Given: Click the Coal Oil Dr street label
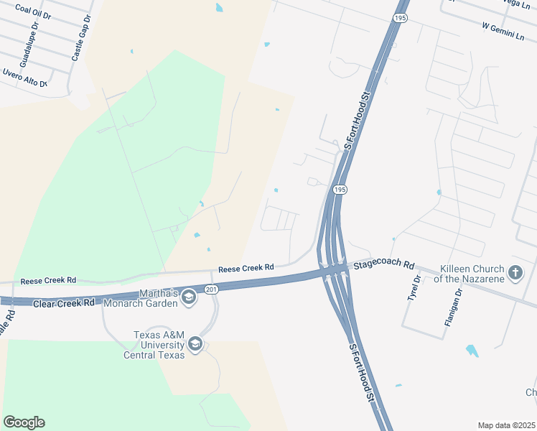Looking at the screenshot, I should pyautogui.click(x=33, y=11).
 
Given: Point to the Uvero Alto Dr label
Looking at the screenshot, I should pyautogui.click(x=24, y=79).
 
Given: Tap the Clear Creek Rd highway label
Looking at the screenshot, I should pyautogui.click(x=64, y=303).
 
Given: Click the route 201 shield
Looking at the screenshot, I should pyautogui.click(x=210, y=289).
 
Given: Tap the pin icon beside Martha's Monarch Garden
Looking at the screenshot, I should pyautogui.click(x=189, y=297).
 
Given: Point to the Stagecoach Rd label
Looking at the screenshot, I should pyautogui.click(x=385, y=264).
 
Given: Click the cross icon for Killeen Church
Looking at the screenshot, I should pyautogui.click(x=515, y=272).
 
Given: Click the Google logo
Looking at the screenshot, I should pyautogui.click(x=24, y=422).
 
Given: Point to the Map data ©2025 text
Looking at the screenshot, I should pyautogui.click(x=505, y=425).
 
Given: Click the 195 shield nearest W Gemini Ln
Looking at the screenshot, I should pyautogui.click(x=401, y=18).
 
